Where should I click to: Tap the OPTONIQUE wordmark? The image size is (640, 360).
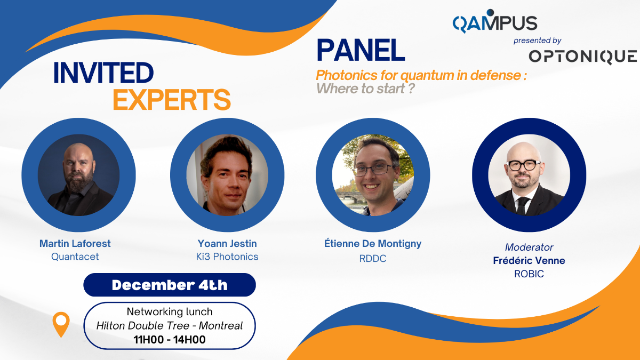point(582,57)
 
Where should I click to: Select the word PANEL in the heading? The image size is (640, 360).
point(361,50)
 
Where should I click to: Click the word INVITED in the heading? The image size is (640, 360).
point(103,73)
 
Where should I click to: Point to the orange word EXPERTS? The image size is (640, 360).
point(172,99)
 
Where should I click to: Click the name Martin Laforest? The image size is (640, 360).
point(75,243)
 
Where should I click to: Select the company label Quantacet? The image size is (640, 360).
point(75,257)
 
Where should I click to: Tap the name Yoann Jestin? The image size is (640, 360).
point(227,243)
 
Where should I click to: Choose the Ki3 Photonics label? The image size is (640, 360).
point(227,257)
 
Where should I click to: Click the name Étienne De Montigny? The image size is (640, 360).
point(373,244)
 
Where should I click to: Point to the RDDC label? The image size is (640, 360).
point(373,258)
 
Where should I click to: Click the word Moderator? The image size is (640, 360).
point(529,247)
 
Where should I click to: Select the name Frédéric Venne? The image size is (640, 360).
point(529,260)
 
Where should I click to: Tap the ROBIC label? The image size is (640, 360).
point(529,274)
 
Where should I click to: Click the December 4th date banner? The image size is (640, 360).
point(170,285)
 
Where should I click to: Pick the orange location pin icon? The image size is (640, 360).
point(61,324)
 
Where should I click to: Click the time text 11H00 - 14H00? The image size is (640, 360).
point(170,340)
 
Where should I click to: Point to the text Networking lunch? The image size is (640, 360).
point(170,311)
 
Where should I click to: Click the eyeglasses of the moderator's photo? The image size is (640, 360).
point(523,165)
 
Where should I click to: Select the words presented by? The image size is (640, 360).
point(538,41)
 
